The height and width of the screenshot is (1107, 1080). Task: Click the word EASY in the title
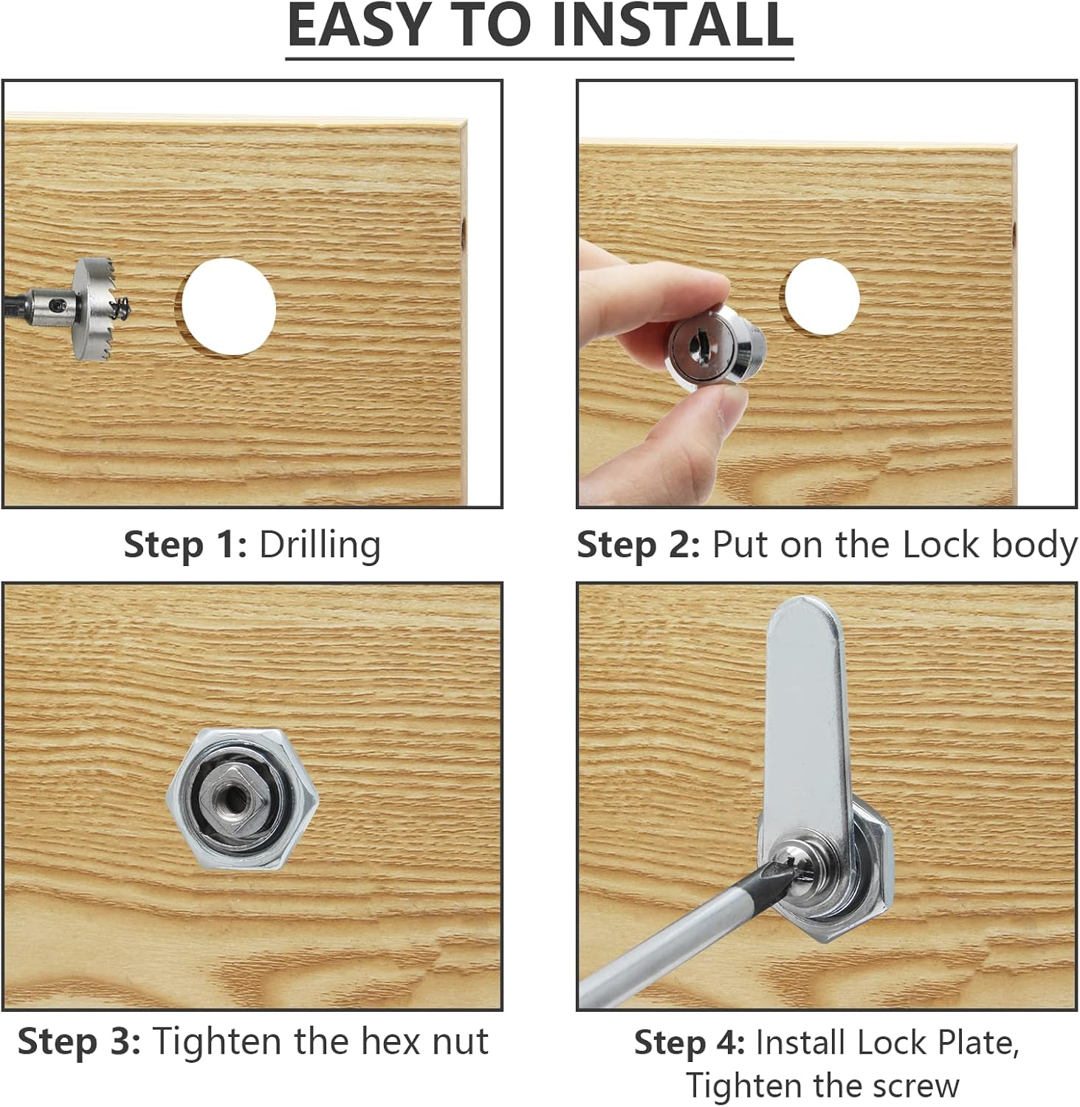coord(358,26)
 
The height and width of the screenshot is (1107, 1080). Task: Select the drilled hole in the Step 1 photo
coord(229,306)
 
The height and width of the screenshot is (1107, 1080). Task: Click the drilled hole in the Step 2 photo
coord(822,295)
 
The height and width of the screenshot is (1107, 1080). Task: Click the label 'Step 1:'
coord(185,545)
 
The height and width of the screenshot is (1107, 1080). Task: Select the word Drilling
coord(320,545)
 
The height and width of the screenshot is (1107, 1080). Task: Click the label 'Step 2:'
coord(638,545)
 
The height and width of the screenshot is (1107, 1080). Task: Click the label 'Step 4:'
coord(689,1043)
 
